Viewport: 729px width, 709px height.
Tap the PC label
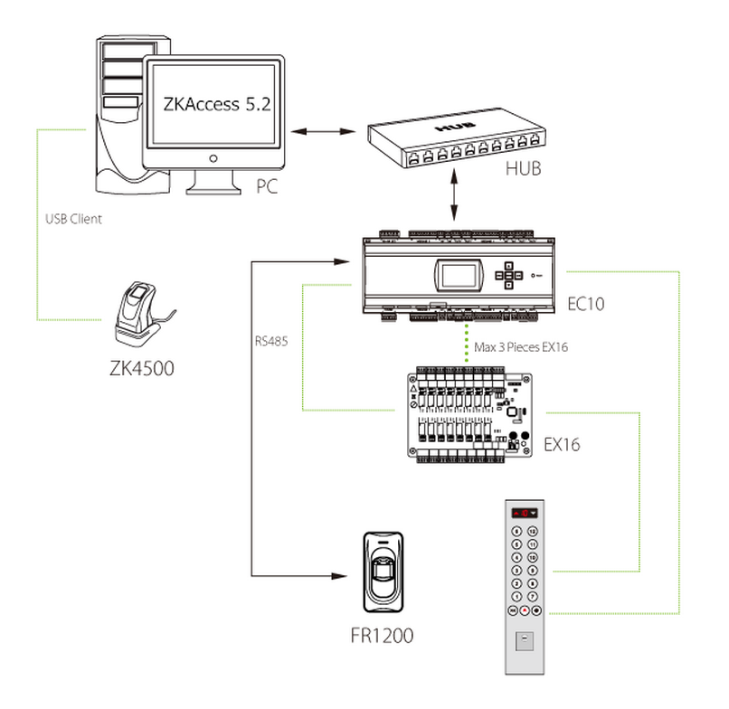266,186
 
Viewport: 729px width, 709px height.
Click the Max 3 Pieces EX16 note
520,346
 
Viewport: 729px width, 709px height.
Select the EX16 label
562,444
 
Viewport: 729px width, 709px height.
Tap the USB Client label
74,218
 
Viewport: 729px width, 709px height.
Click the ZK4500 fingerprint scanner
139,312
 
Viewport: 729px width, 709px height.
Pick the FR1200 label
382,635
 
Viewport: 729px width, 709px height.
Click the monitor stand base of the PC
214,185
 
